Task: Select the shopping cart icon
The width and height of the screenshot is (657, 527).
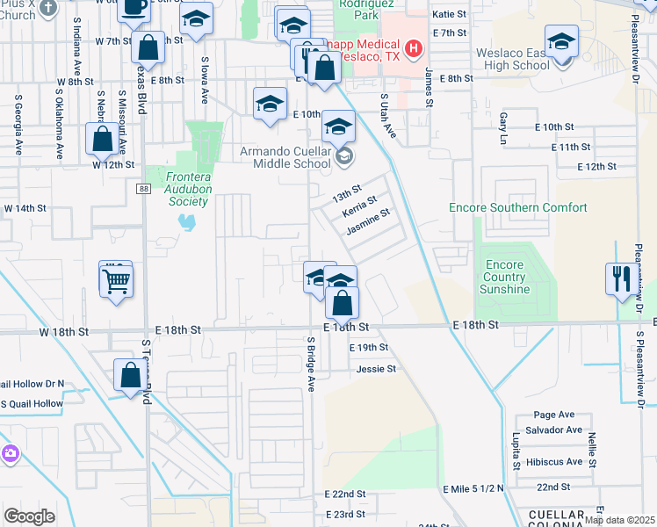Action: (x=116, y=281)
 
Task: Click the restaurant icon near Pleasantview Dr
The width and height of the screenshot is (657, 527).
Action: (x=620, y=279)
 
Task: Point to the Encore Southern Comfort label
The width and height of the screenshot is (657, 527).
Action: (x=517, y=207)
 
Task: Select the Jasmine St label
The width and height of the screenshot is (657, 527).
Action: (x=367, y=227)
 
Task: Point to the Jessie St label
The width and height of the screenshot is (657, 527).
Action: (x=377, y=369)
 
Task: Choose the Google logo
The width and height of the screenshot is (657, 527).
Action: (x=29, y=516)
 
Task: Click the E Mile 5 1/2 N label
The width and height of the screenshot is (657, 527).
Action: (x=475, y=487)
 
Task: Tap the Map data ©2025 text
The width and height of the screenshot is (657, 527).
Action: (x=618, y=520)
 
